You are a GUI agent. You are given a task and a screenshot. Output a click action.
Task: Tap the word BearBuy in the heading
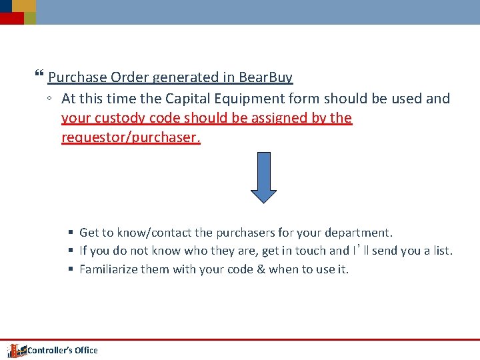click(x=265, y=77)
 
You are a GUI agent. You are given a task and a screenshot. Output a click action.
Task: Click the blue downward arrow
click(x=264, y=177)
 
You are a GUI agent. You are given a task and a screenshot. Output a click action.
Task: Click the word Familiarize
click(x=109, y=269)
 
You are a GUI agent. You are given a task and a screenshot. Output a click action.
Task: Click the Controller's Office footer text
click(x=62, y=350)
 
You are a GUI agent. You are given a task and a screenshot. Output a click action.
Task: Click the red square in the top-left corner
click(x=11, y=18)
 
